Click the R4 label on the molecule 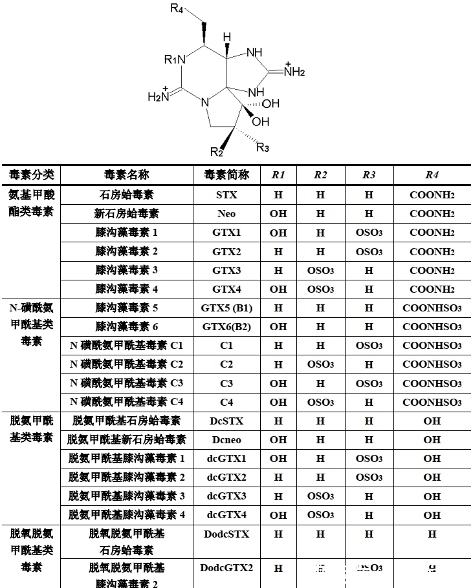pyautogui.click(x=177, y=8)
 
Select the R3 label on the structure pyautogui.click(x=263, y=148)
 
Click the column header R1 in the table pyautogui.click(x=278, y=175)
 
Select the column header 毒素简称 pyautogui.click(x=226, y=175)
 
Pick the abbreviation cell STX pyautogui.click(x=226, y=194)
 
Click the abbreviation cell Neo pyautogui.click(x=226, y=213)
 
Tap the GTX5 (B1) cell pyautogui.click(x=226, y=308)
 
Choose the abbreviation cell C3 pyautogui.click(x=226, y=383)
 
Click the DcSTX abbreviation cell pyautogui.click(x=226, y=421)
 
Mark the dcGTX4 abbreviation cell pyautogui.click(x=226, y=515)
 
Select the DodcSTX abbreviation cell pyautogui.click(x=226, y=534)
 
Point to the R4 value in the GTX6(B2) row pyautogui.click(x=432, y=326)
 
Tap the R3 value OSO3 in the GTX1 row pyautogui.click(x=369, y=232)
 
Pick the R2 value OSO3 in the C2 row pyautogui.click(x=320, y=364)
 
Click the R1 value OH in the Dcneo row pyautogui.click(x=278, y=440)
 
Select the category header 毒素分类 pyautogui.click(x=31, y=175)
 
